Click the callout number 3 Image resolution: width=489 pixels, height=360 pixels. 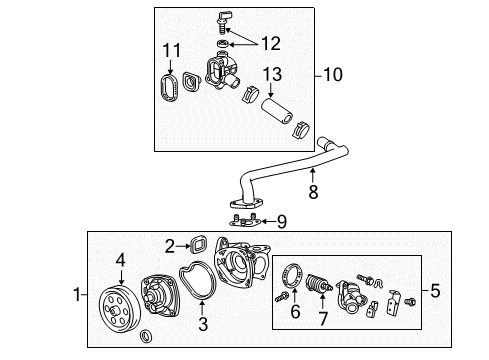tap(204, 325)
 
